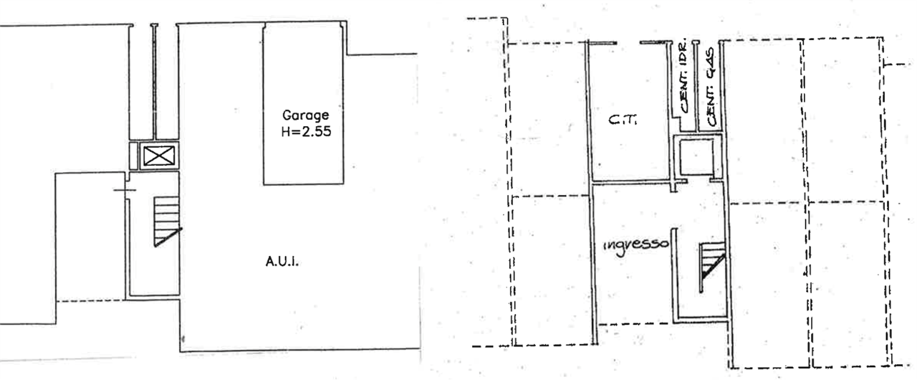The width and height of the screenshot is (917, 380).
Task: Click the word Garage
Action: click(x=305, y=115)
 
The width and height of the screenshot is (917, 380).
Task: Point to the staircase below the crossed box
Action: click(x=163, y=222)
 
